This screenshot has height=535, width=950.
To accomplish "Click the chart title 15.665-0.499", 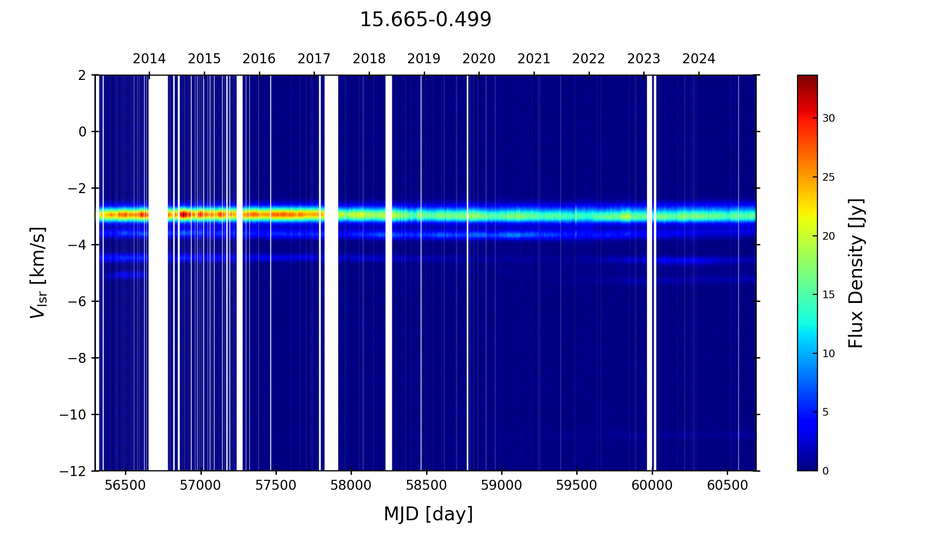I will click(425, 20).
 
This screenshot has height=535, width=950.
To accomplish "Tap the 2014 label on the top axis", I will click(149, 59).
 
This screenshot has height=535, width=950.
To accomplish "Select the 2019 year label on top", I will click(424, 59).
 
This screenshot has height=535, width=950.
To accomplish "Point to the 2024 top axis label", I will click(699, 59).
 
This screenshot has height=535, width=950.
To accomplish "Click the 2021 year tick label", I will click(534, 59).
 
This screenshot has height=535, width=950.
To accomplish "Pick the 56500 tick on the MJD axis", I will click(125, 486).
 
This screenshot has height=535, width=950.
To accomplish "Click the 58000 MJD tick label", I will click(351, 486).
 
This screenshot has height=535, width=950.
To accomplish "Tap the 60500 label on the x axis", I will click(727, 486).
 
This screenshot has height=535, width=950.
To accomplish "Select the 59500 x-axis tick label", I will click(577, 486).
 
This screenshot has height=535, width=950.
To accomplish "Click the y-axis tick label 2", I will click(82, 75).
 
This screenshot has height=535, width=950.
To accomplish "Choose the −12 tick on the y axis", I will click(73, 471).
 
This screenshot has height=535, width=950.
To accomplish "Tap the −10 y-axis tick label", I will click(73, 415).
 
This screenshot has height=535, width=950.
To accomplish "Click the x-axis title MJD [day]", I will click(428, 514).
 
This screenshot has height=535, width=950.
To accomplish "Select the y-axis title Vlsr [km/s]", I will click(38, 272).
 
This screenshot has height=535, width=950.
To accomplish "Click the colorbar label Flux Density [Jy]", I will click(855, 273).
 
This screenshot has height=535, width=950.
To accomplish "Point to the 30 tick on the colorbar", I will click(828, 118).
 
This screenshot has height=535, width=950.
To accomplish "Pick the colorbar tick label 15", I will click(828, 295).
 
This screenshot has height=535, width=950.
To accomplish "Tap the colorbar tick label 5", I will click(826, 412).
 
